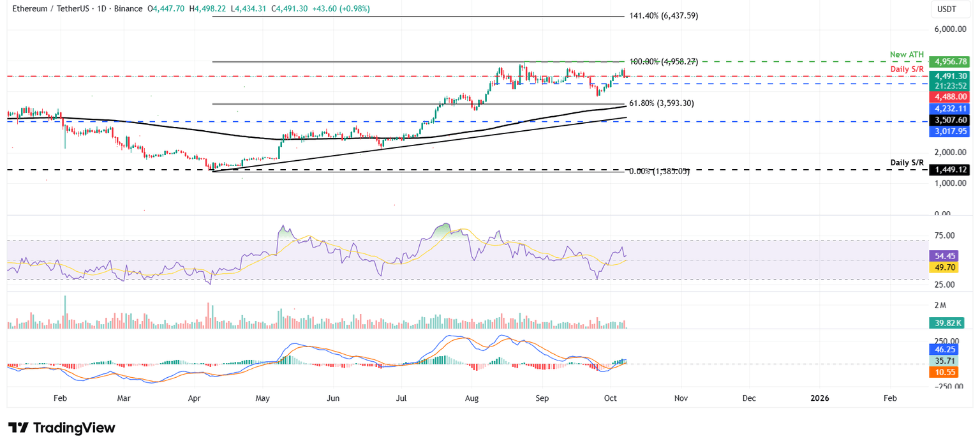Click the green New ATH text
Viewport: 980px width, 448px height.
pyautogui.click(x=907, y=55)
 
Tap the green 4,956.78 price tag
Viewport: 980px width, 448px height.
pyautogui.click(x=949, y=62)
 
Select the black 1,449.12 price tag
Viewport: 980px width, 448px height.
pyautogui.click(x=949, y=170)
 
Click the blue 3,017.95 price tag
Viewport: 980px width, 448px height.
pyautogui.click(x=949, y=131)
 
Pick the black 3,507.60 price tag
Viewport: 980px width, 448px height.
pyautogui.click(x=949, y=120)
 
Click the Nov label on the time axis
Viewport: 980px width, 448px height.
pyautogui.click(x=681, y=398)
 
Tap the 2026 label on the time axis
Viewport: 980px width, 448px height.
pyautogui.click(x=820, y=398)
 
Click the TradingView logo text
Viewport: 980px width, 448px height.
pyautogui.click(x=62, y=428)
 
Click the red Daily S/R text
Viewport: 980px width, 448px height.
pyautogui.click(x=908, y=68)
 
